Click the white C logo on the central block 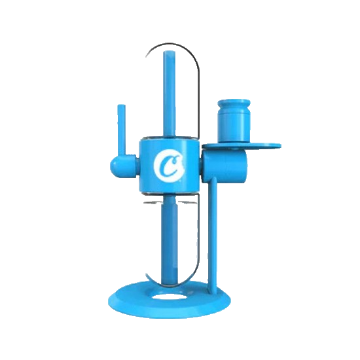tap(168, 166)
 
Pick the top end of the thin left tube tap(120, 107)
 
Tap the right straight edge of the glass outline tap(197, 98)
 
